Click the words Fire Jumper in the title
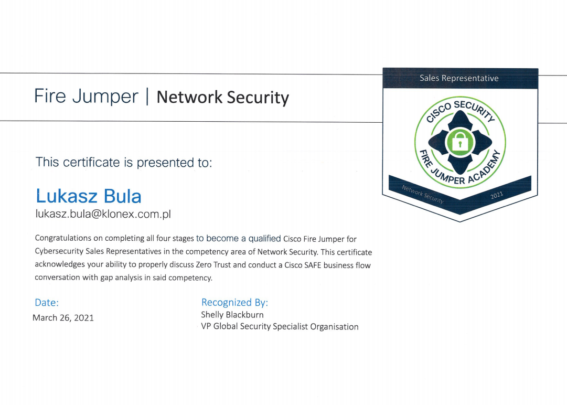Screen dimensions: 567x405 pos(86,97)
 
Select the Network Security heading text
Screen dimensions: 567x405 pos(223,97)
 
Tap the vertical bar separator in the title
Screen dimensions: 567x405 pos(147,97)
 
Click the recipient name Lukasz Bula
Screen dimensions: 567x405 pos(89,196)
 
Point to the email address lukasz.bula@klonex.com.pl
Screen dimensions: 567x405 pos(103,214)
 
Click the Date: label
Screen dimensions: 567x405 pos(47,302)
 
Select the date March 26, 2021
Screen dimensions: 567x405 pos(63,318)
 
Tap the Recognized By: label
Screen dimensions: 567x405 pos(234,302)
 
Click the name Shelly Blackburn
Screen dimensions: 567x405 pos(232,315)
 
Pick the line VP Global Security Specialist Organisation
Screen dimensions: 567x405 pos(280,326)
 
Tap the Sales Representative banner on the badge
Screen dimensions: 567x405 pos(459,78)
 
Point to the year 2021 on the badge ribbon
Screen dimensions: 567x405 pos(497,195)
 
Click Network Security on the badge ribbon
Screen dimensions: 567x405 pos(423,194)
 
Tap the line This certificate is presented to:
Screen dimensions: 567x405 pos(124,162)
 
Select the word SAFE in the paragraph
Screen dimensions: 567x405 pos(313,265)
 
